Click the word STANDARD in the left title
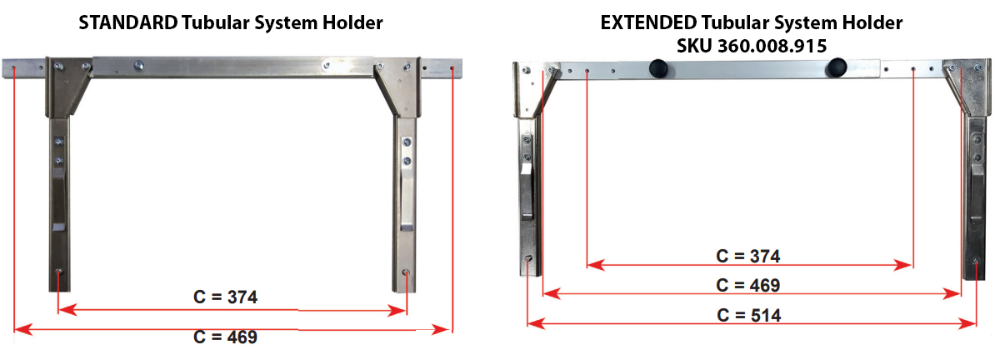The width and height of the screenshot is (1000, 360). [x=128, y=22]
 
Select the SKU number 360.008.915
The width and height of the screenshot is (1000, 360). [x=772, y=46]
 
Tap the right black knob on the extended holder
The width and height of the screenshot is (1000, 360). [x=837, y=67]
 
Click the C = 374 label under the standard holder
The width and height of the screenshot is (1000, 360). [x=226, y=297]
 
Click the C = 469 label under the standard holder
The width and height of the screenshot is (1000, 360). [x=226, y=337]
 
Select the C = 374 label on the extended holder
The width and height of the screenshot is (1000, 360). [x=748, y=257]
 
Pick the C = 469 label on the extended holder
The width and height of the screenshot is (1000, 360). [x=748, y=285]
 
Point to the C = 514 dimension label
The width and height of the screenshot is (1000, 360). [x=749, y=315]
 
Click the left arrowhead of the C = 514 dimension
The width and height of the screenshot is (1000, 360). [x=536, y=323]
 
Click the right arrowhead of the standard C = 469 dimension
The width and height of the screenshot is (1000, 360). [x=440, y=330]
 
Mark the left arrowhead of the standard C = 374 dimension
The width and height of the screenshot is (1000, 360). [x=67, y=309]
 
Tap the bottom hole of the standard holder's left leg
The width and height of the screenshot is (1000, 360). [x=58, y=271]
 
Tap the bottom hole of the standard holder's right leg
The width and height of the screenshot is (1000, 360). [x=406, y=272]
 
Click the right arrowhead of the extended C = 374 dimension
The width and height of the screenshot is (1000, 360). [x=902, y=265]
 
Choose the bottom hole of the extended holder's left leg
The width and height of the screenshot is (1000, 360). [x=528, y=258]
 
